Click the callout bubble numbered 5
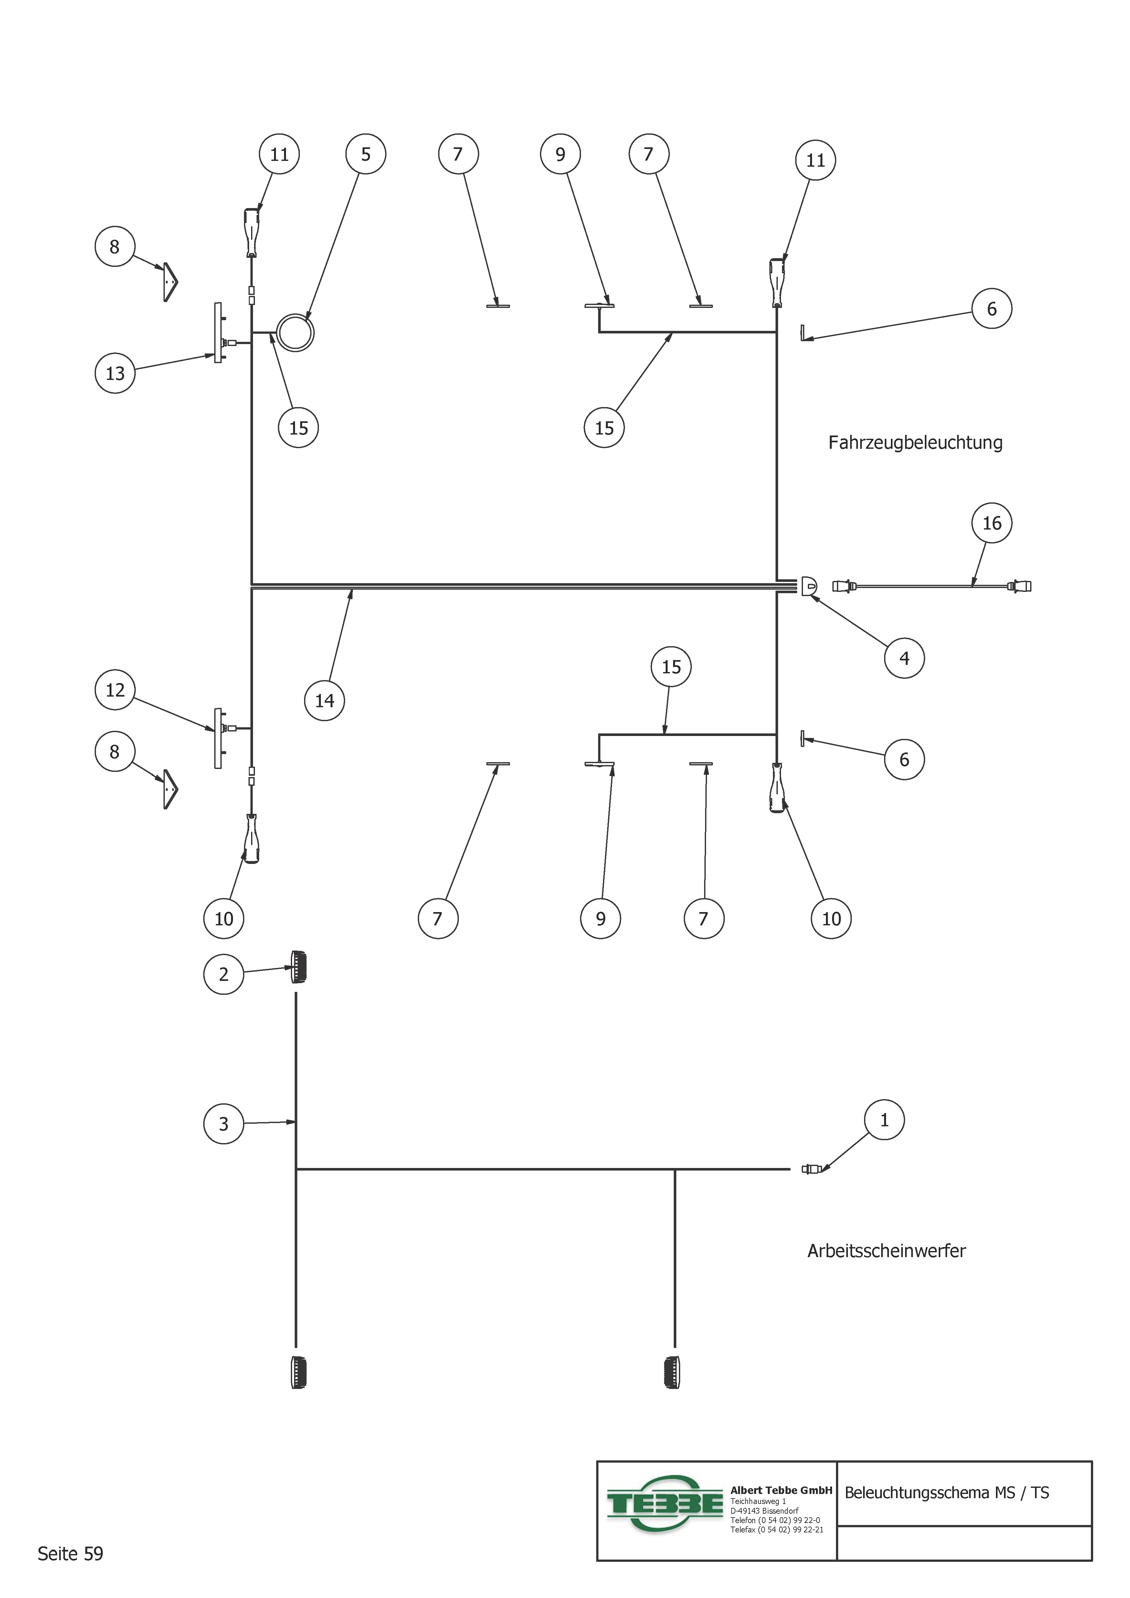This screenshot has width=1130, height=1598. (365, 154)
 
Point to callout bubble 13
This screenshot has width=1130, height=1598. (115, 373)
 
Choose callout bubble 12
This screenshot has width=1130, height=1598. (115, 690)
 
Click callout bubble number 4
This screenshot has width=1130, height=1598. (904, 658)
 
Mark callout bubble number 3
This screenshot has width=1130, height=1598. (224, 1123)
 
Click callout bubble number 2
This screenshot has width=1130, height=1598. (224, 974)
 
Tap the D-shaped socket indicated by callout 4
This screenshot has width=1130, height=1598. (808, 586)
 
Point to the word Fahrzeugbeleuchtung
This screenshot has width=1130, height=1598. (915, 443)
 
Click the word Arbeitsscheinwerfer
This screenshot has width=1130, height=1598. (886, 1251)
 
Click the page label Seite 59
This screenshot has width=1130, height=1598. (70, 1553)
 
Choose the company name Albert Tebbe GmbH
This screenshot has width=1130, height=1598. (780, 1490)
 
